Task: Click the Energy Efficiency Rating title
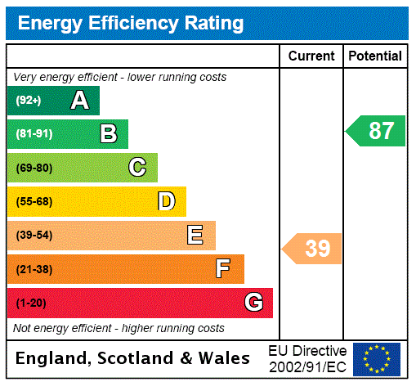(x=131, y=24)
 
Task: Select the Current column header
(x=311, y=56)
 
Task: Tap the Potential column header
(x=375, y=56)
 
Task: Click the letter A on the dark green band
(x=79, y=101)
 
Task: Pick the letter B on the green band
(x=108, y=134)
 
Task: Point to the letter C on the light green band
(x=137, y=168)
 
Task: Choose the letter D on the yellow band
(x=166, y=201)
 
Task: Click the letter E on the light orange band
(x=195, y=236)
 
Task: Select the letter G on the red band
(x=253, y=303)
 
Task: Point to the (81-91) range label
(x=34, y=134)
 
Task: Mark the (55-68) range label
(x=34, y=201)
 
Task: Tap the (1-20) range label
(x=31, y=303)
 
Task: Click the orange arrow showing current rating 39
(x=313, y=249)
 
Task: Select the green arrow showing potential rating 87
(x=376, y=131)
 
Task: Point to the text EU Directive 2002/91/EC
(x=307, y=358)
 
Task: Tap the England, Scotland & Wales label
(x=133, y=358)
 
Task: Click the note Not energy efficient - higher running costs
(x=119, y=328)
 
